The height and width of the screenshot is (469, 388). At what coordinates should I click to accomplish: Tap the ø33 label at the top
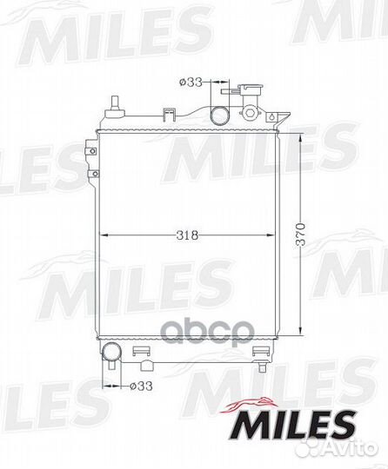pyautogui.click(x=191, y=83)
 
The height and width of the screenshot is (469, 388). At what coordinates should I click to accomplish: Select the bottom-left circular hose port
pyautogui.click(x=110, y=353)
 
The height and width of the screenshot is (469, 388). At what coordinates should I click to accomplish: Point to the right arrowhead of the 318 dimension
pyautogui.click(x=274, y=234)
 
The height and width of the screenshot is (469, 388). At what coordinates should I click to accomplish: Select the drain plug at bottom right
pyautogui.click(x=263, y=366)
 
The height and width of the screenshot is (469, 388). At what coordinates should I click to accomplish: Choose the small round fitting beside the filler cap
pyautogui.click(x=251, y=114)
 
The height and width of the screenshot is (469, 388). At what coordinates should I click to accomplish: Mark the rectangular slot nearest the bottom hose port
pyautogui.click(x=138, y=351)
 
